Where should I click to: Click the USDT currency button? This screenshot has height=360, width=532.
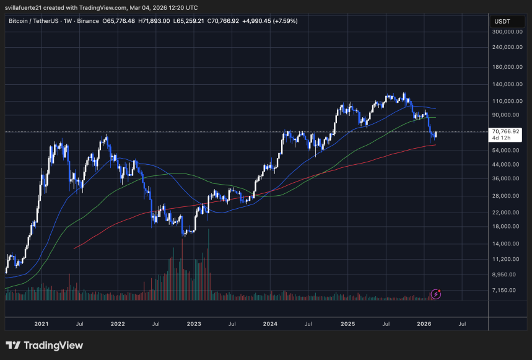[x=501, y=21]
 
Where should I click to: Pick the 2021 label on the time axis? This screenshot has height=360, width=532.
[x=41, y=323]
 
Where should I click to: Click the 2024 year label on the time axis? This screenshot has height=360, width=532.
[x=270, y=323]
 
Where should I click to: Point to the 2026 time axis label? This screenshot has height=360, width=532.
[x=424, y=323]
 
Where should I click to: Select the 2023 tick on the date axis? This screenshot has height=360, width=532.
[x=194, y=323]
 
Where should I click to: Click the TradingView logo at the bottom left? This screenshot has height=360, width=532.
[x=44, y=345]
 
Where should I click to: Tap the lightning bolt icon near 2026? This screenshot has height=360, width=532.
[x=436, y=294]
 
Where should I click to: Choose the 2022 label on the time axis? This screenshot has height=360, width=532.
[x=118, y=323]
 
